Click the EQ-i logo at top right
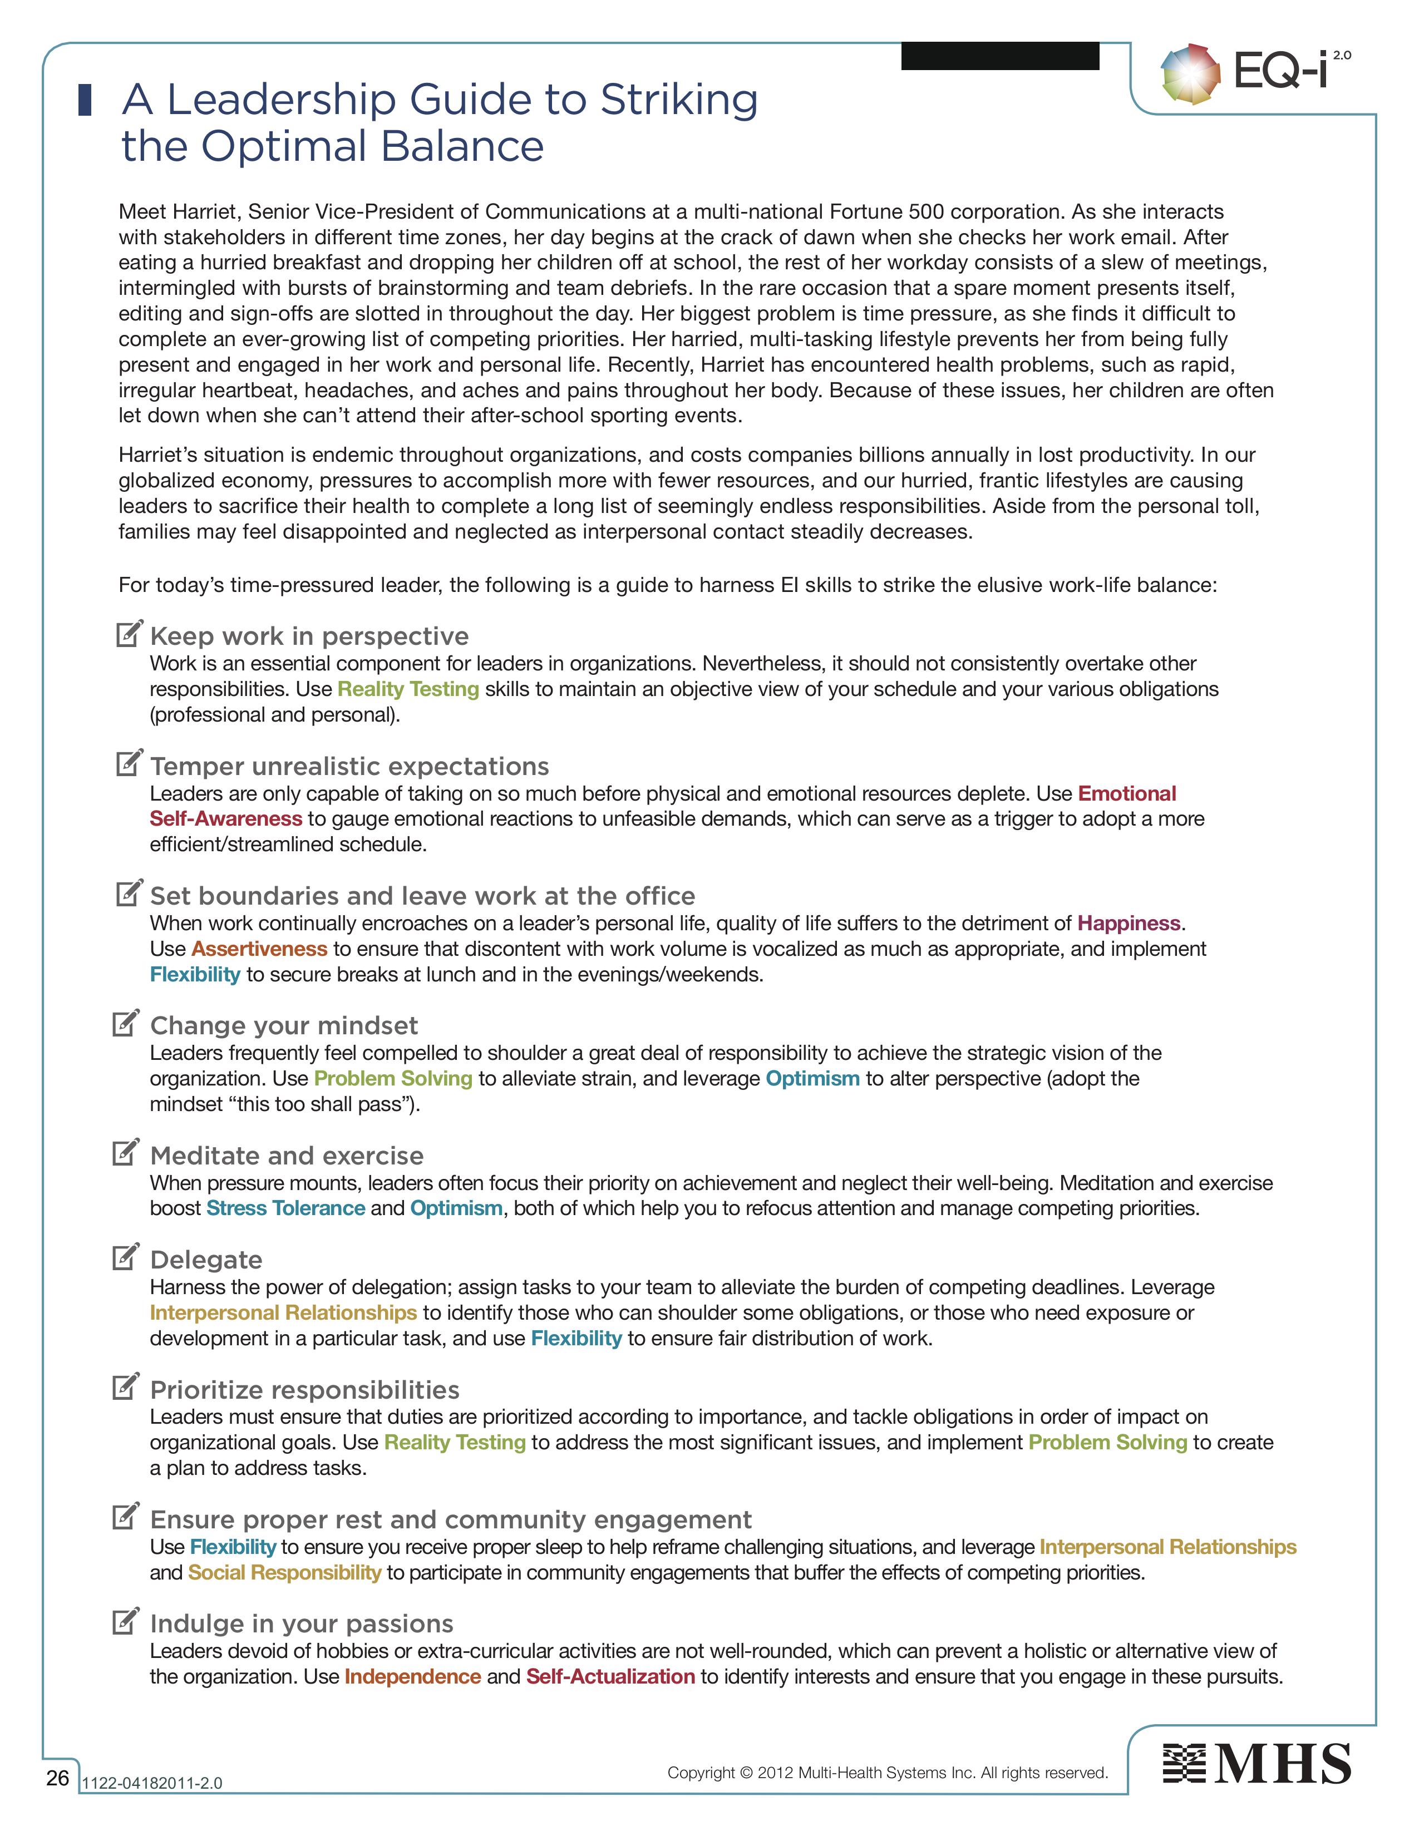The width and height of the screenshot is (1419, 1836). [1255, 75]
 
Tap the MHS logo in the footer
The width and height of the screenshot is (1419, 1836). [1257, 1764]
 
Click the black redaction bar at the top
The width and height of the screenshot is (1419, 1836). [999, 56]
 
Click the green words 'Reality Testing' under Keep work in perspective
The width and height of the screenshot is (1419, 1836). [408, 689]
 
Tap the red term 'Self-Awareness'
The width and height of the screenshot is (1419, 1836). [225, 819]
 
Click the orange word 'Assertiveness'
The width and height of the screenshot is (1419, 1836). [259, 949]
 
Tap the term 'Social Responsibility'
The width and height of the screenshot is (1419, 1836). [284, 1572]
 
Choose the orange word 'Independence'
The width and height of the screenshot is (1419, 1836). [413, 1676]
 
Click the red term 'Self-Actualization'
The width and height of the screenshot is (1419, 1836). [610, 1676]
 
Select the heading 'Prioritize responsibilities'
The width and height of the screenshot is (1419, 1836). [304, 1390]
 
